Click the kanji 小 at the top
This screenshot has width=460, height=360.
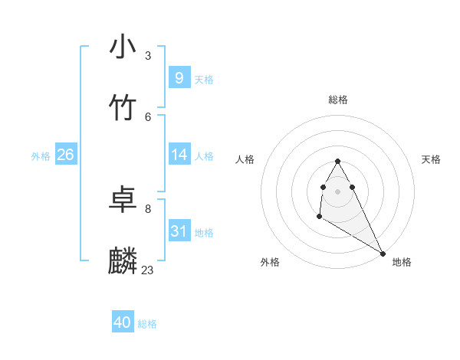pyautogui.click(x=123, y=47)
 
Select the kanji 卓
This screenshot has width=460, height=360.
pyautogui.click(x=123, y=200)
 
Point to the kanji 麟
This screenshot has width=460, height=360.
pyautogui.click(x=123, y=261)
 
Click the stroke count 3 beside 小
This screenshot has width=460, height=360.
pyautogui.click(x=148, y=56)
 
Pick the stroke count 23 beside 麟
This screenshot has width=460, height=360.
pyautogui.click(x=147, y=270)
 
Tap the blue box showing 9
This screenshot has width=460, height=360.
pyautogui.click(x=179, y=78)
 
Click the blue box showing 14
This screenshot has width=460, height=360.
pyautogui.click(x=179, y=155)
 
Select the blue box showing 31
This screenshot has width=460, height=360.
pyautogui.click(x=179, y=231)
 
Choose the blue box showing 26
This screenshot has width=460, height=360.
pyautogui.click(x=65, y=155)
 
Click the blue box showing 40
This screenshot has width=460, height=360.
pyautogui.click(x=123, y=322)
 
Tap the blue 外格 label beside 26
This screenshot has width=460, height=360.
pyautogui.click(x=41, y=156)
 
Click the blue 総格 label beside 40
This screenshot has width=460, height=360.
pyautogui.click(x=147, y=324)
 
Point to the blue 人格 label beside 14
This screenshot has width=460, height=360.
pyautogui.click(x=204, y=156)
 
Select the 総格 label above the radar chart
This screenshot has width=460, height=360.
pyautogui.click(x=338, y=100)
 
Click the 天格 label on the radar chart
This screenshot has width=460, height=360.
pyautogui.click(x=431, y=159)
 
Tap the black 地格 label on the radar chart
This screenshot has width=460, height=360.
pyautogui.click(x=402, y=262)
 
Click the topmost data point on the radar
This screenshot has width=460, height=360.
pyautogui.click(x=337, y=161)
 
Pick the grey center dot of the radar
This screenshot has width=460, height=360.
pyautogui.click(x=337, y=191)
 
